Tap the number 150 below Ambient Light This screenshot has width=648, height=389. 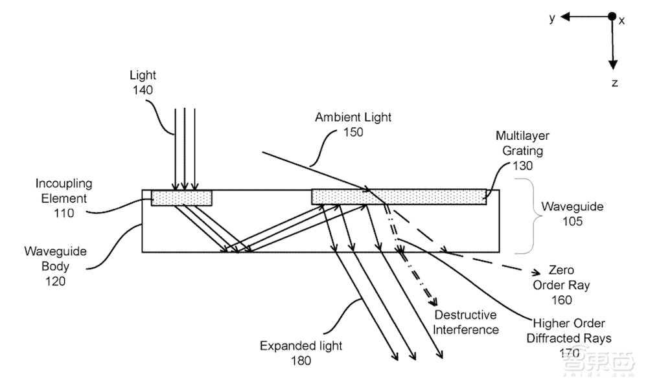coord(354,132)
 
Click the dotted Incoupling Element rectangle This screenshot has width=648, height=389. coord(181,197)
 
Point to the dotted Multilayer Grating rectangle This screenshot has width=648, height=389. coord(399,196)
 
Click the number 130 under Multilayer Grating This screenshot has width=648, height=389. coord(522,166)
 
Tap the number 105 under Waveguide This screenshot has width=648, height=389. coord(568,221)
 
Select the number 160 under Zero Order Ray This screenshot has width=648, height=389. coord(562,299)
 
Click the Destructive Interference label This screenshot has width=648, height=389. coord(466,322)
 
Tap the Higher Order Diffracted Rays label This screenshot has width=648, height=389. coord(570,330)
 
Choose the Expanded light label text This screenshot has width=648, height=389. coord(296,346)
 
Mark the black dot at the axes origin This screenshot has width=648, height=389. coord(611,17)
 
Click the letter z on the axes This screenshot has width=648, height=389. coord(614,83)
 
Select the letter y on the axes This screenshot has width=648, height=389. coord(552,18)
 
